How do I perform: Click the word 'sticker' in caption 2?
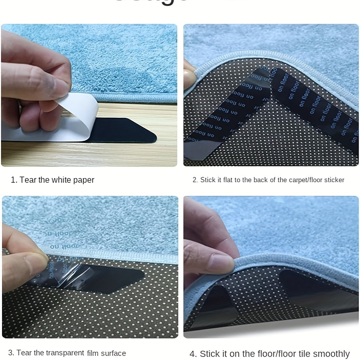(333, 180)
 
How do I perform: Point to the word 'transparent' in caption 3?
(63, 353)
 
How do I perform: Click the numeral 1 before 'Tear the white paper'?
(13, 180)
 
